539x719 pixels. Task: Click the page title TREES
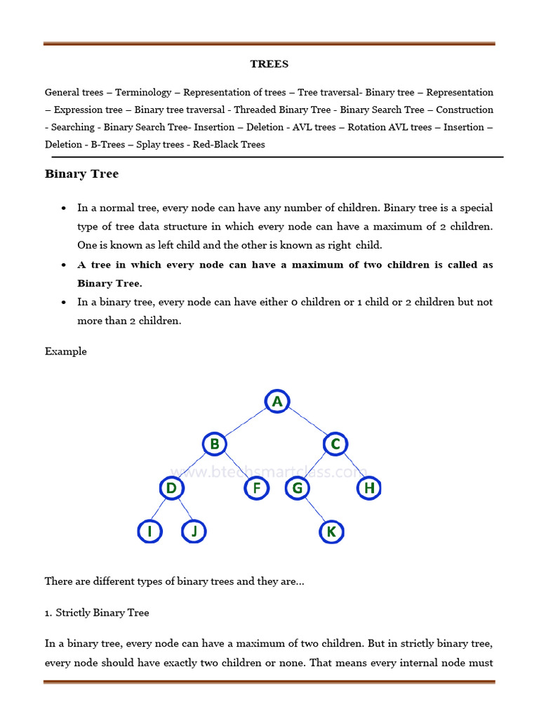click(x=269, y=64)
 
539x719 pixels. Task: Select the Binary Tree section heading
click(x=81, y=174)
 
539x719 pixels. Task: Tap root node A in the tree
click(x=277, y=402)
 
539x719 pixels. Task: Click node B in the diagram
click(x=215, y=444)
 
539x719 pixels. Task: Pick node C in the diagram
click(x=335, y=444)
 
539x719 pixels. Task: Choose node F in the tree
click(x=256, y=488)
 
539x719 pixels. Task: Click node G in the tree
click(x=298, y=488)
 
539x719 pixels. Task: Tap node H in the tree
click(x=368, y=488)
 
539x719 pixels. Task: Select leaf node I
click(x=149, y=532)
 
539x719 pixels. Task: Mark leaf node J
click(x=194, y=532)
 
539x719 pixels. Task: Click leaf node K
click(x=331, y=532)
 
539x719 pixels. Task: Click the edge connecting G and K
click(x=314, y=510)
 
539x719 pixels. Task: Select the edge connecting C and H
click(x=352, y=467)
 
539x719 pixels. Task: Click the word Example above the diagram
click(x=66, y=351)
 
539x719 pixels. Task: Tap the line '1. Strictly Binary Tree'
click(x=97, y=613)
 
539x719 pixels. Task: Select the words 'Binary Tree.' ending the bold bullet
click(x=109, y=283)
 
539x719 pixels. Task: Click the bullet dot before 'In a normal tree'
click(x=64, y=209)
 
